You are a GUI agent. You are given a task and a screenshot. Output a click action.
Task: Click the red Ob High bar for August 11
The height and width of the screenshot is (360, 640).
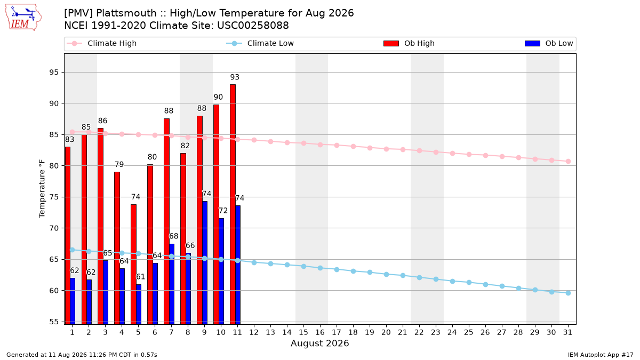coord(233,204)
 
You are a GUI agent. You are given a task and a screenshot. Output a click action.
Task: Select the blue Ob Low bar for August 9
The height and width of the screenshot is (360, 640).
coord(205,263)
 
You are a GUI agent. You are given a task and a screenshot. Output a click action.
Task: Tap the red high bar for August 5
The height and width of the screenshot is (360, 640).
coord(133,265)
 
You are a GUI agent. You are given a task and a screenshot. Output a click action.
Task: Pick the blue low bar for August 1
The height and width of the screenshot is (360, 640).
coord(73,301)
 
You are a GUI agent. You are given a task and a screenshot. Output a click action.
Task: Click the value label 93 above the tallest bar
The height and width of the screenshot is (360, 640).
coord(235,77)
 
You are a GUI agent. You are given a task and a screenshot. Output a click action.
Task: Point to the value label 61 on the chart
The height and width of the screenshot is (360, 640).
coord(140,277)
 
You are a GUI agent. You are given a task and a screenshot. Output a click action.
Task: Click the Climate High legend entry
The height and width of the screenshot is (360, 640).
coord(101,43)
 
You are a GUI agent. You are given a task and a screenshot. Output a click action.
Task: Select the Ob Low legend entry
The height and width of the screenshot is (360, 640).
coord(549,43)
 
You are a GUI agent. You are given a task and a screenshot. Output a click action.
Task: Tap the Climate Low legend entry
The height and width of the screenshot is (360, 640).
coord(260,43)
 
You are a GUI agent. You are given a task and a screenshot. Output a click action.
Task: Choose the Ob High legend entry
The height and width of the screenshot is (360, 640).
coord(409,43)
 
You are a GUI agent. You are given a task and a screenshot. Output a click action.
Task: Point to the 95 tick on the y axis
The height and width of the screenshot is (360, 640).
coord(54,73)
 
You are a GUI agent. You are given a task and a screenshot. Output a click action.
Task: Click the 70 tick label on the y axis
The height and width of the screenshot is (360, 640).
coord(54,228)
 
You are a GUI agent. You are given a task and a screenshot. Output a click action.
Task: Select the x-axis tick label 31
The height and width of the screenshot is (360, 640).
coord(567,332)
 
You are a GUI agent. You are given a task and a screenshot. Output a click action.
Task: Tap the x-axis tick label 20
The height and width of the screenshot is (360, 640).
coord(386,332)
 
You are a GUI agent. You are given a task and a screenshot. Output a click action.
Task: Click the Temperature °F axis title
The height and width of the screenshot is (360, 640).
coord(42,189)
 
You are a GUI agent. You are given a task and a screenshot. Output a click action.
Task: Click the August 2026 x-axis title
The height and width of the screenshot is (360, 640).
coord(319,343)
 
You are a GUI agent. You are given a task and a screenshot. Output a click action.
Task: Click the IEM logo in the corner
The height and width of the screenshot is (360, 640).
coord(23,18)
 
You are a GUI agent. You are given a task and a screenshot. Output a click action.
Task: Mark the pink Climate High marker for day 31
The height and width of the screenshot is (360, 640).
coord(568,162)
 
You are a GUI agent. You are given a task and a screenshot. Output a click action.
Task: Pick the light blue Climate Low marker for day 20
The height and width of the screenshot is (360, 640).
coord(386,274)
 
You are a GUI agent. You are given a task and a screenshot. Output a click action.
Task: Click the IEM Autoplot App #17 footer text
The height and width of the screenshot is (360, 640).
coord(601,355)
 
